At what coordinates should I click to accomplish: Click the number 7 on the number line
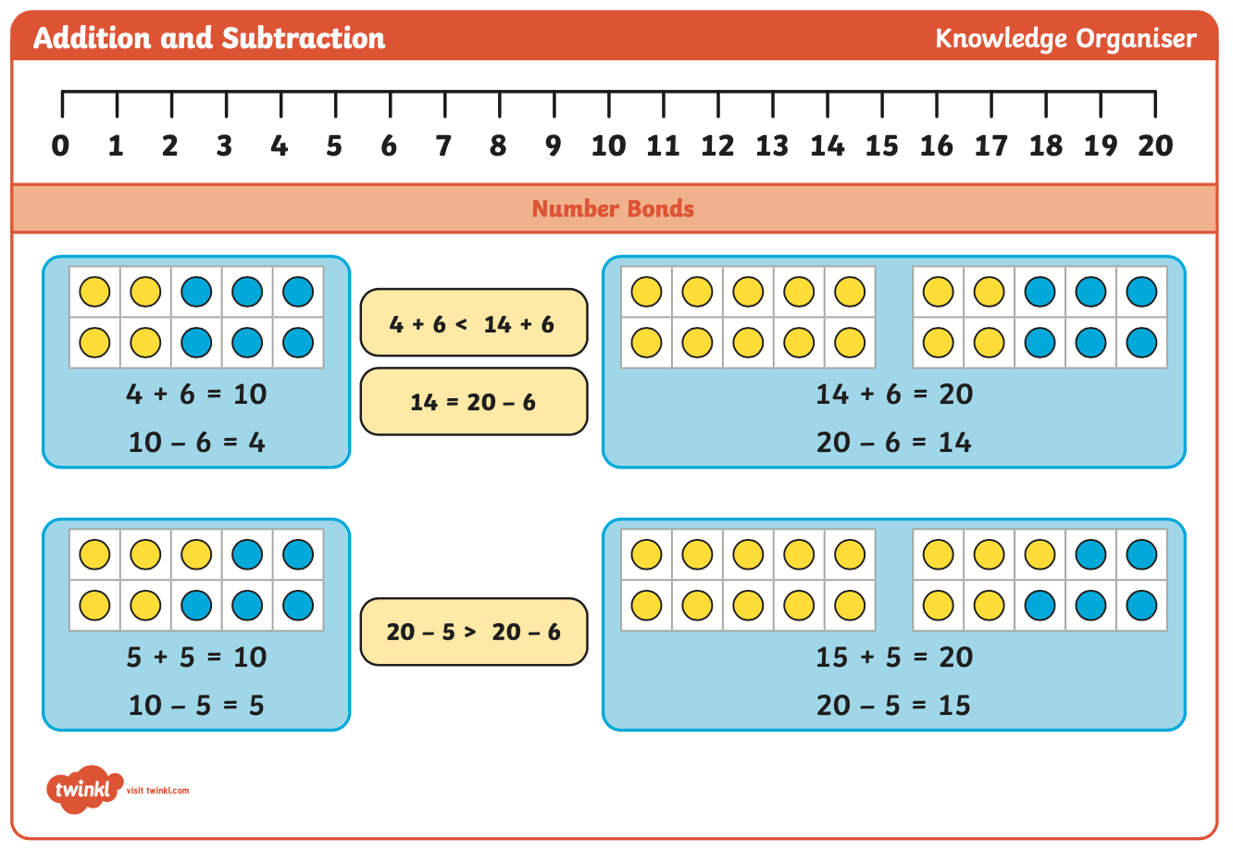[443, 146]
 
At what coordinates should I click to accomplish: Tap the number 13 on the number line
[772, 146]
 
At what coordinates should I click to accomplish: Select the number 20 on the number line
[1155, 146]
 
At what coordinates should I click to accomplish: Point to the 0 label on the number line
[60, 146]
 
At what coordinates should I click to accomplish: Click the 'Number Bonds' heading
[613, 208]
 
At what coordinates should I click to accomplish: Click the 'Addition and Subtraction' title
[209, 38]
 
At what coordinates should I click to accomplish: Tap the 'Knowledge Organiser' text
[1065, 39]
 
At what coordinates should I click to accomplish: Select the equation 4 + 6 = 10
[196, 395]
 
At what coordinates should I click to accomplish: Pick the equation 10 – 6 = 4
[196, 443]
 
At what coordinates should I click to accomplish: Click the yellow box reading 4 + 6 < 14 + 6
[474, 322]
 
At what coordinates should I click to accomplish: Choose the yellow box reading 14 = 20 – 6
[474, 402]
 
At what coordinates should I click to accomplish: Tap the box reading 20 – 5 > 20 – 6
[474, 632]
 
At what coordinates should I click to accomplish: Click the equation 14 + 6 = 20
[894, 395]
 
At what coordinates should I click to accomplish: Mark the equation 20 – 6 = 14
[894, 443]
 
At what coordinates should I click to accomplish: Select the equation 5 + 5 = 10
[196, 657]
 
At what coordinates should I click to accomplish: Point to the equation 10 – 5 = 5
[196, 705]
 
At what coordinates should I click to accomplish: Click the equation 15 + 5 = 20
[894, 657]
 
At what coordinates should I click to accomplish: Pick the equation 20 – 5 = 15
[893, 705]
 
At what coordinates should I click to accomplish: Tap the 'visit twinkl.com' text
[158, 790]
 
